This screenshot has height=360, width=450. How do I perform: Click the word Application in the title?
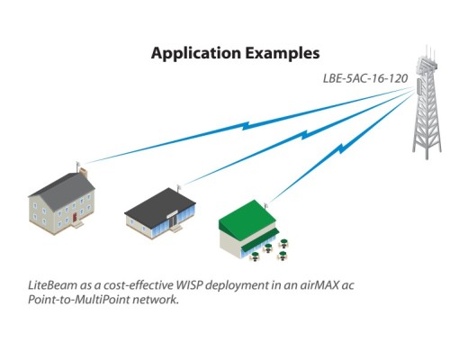point(196,54)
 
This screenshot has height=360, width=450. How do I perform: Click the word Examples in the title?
point(283,53)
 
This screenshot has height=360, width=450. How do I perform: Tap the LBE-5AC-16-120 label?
point(365,78)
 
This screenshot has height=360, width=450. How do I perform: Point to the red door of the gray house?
point(75,218)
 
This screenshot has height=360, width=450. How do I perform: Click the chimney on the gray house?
point(84,173)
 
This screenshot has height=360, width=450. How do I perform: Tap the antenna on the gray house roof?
point(77,166)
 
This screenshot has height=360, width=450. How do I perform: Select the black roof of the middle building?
point(160,204)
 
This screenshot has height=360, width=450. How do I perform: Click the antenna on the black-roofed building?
point(179,189)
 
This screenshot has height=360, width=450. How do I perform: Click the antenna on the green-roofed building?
point(265,206)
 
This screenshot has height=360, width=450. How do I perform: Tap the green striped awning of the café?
point(260,239)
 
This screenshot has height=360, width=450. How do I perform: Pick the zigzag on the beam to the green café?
point(341,148)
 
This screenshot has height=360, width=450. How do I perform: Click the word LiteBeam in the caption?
point(52,285)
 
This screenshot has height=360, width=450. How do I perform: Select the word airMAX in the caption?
point(319,285)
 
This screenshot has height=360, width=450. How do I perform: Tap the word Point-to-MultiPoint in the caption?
point(78,300)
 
